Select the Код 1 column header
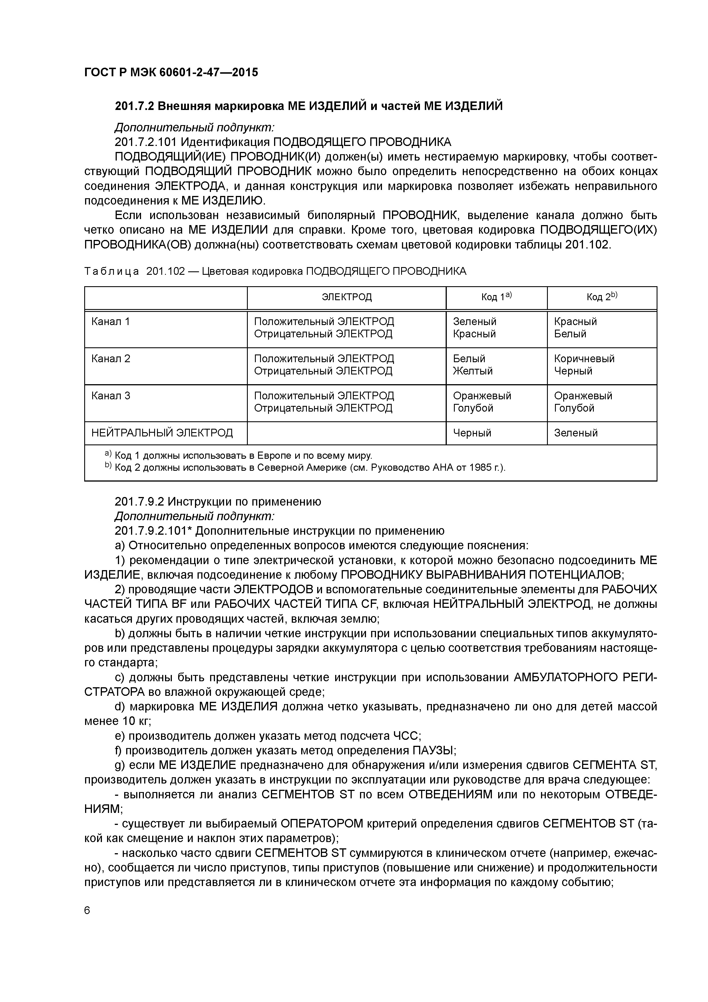[496, 297]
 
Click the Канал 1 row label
[110, 322]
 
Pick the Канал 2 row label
[110, 359]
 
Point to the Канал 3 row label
[110, 396]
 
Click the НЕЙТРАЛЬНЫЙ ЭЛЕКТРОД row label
[162, 433]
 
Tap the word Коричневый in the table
[584, 359]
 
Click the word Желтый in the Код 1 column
[472, 371]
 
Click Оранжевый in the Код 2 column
[583, 396]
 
